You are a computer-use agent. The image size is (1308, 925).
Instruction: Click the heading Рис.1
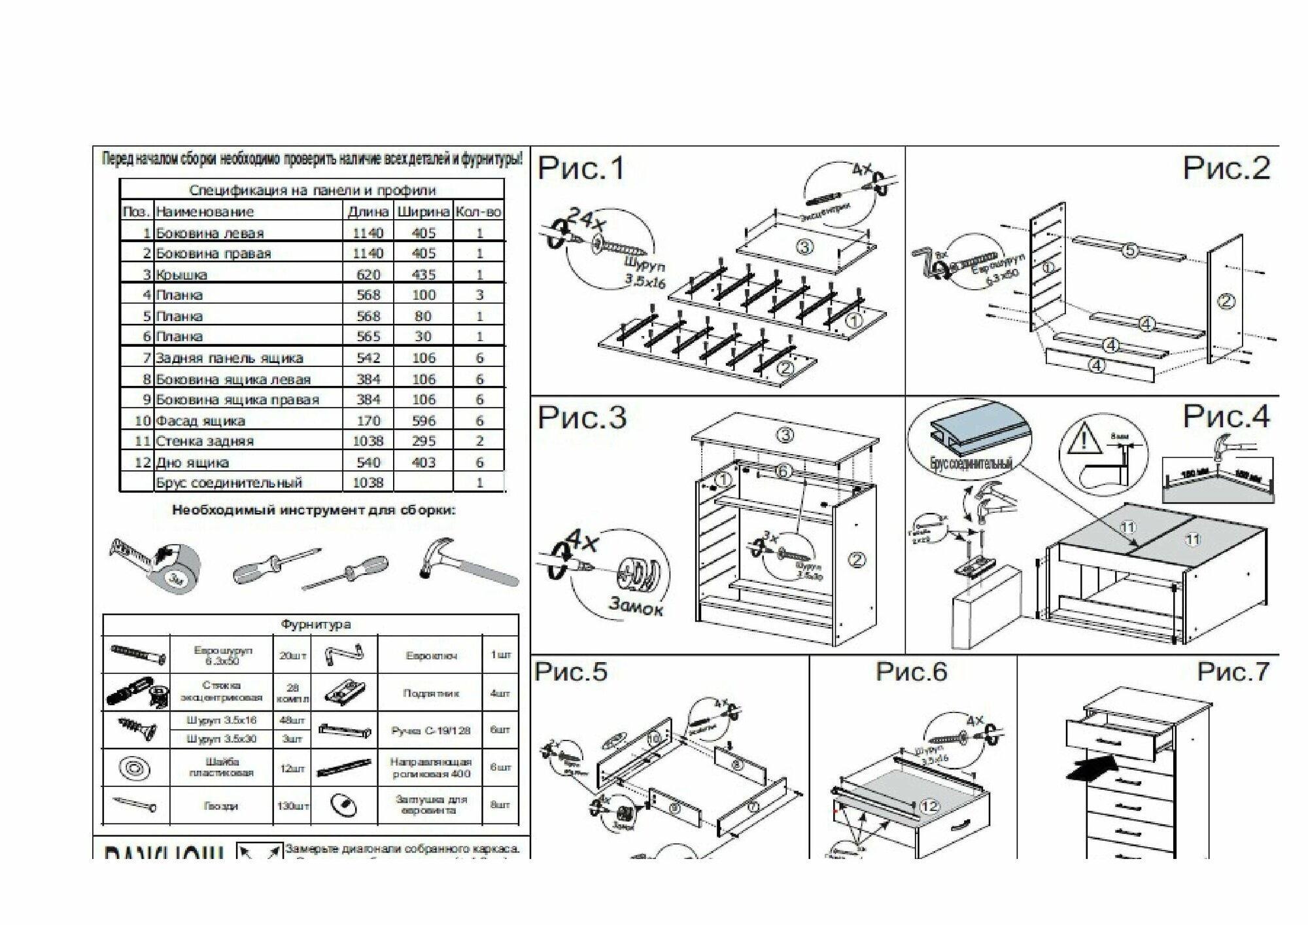[x=581, y=169]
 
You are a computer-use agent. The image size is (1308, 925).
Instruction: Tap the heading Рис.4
[x=1226, y=417]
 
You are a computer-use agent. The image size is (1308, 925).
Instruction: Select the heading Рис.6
[x=911, y=672]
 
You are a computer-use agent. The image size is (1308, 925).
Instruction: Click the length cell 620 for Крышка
[x=368, y=275]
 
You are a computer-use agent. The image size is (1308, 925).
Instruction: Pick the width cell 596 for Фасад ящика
[x=423, y=421]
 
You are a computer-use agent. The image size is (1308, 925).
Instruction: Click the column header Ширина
[x=423, y=212]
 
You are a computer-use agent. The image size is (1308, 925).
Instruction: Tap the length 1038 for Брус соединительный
[x=368, y=483]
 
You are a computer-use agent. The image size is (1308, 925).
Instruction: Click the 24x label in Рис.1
[x=588, y=219]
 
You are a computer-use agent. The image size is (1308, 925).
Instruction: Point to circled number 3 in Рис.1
[x=804, y=247]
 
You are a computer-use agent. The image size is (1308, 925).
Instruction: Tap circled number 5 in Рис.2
[x=1129, y=250]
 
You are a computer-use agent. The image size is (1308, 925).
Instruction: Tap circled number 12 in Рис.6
[x=929, y=807]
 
